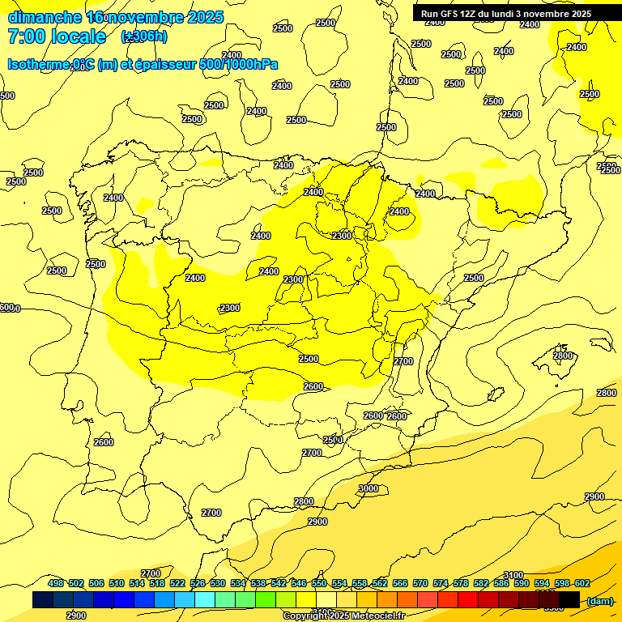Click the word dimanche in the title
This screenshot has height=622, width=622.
point(45,17)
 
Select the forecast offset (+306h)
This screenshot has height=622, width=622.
point(143,36)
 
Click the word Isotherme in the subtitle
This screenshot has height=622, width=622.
point(39,64)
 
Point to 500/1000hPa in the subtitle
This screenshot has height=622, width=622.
point(244,64)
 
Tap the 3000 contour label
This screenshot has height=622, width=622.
point(369,488)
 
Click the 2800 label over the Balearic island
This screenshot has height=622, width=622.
point(563,356)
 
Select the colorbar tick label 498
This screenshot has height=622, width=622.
point(55,584)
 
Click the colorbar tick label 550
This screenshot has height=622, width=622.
point(318,584)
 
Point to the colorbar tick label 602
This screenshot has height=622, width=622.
point(582,584)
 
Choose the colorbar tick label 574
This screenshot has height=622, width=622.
point(440,584)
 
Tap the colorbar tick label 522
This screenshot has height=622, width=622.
point(177,584)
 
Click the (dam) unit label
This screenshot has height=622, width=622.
point(599,600)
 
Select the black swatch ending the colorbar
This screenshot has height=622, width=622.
point(569,600)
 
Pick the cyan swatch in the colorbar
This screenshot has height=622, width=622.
point(205,600)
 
